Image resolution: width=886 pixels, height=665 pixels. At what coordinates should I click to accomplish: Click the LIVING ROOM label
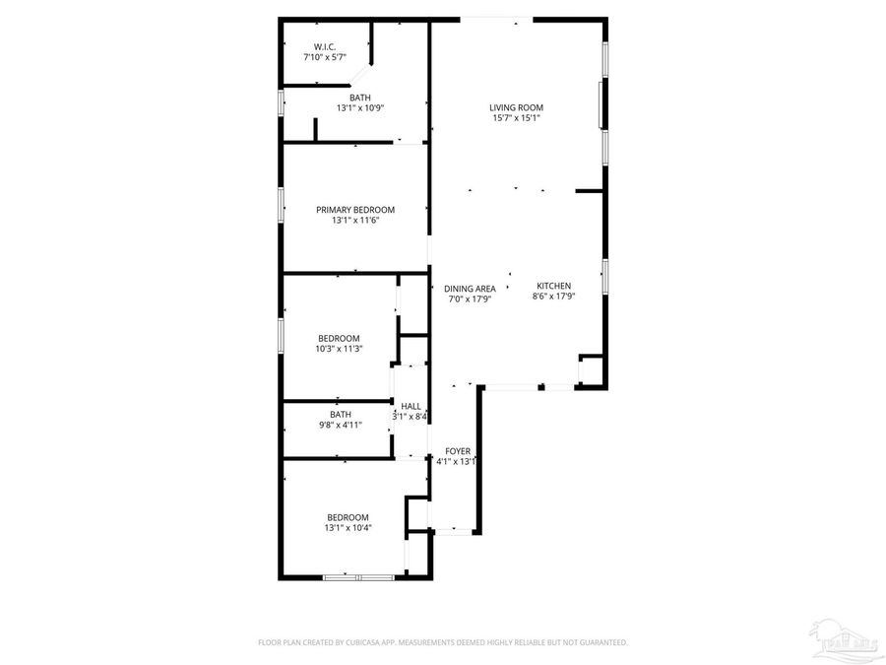pos(517,107)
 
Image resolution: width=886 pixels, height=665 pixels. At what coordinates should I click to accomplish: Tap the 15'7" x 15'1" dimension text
pos(517,118)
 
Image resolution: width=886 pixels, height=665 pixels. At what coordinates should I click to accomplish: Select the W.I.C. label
pos(326,46)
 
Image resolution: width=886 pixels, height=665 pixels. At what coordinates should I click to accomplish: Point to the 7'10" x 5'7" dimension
pos(326,57)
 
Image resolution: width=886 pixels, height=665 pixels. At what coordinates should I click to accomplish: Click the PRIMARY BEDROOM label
pos(354,209)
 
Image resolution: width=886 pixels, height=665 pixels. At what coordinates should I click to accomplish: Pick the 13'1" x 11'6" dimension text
pos(354,220)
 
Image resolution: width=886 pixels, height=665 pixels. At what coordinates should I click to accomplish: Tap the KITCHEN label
pos(553,286)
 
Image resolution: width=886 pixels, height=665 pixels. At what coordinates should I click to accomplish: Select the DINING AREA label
pos(470,289)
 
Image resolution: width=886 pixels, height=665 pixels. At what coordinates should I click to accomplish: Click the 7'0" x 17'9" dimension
pos(470,299)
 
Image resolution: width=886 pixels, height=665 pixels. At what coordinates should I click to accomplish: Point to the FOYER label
pos(457,450)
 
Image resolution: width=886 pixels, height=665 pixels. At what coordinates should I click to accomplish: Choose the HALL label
pos(411,406)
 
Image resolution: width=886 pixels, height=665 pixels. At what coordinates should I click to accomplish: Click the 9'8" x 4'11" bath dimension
pos(341,425)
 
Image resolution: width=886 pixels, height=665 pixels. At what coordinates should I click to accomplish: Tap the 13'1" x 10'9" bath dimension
pos(359,108)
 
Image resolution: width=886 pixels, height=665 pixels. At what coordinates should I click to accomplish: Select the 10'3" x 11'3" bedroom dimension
pos(338,349)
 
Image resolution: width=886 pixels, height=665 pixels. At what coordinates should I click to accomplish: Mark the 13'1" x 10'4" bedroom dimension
pos(348,528)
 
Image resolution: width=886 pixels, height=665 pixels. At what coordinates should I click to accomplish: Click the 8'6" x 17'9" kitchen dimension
pos(553,296)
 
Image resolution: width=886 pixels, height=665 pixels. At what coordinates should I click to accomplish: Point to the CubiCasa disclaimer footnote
pos(442,642)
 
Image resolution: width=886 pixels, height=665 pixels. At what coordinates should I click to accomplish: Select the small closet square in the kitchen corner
pos(591,369)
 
